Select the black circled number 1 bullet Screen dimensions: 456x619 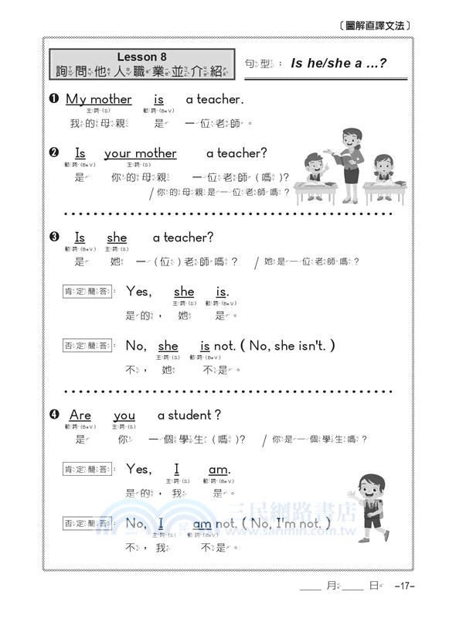click(x=54, y=99)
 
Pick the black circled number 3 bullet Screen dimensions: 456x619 click(x=54, y=238)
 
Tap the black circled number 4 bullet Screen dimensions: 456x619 click(x=54, y=416)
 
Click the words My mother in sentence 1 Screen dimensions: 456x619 click(x=98, y=99)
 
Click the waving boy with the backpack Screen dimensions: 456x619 click(x=369, y=503)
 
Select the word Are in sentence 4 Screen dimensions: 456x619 click(x=80, y=416)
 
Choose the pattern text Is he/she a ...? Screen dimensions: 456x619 click(x=339, y=63)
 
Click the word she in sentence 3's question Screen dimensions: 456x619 click(x=117, y=238)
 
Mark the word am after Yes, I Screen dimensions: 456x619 click(x=219, y=470)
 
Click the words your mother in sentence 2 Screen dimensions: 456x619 click(x=140, y=153)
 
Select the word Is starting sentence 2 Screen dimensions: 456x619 click(x=80, y=153)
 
